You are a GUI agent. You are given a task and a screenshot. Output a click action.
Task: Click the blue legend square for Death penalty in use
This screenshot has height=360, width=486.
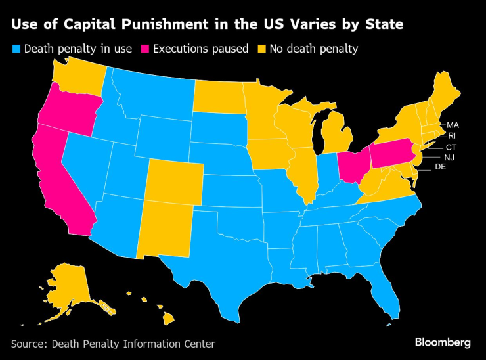16,49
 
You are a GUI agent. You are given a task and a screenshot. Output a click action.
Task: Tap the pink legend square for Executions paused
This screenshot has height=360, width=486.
146,49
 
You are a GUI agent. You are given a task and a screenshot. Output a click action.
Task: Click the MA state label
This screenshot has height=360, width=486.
453,125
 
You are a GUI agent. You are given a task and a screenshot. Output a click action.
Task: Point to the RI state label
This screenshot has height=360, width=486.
452,136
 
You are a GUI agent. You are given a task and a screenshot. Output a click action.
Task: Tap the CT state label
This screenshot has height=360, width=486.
451,147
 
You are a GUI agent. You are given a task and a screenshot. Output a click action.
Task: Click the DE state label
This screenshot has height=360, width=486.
441,168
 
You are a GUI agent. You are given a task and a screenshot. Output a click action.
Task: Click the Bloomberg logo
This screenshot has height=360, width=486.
443,342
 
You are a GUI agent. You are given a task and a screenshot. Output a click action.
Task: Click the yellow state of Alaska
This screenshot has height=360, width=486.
68,286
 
